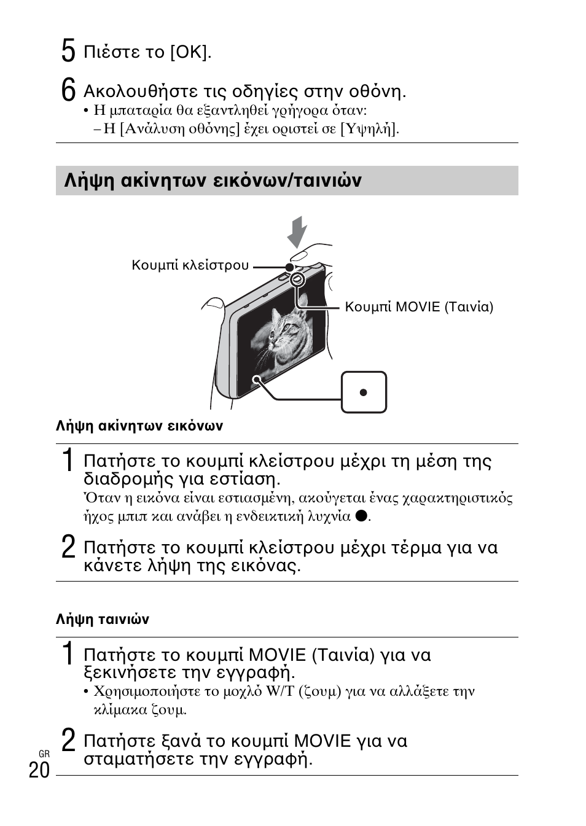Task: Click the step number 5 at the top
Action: pos(68,51)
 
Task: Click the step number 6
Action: pos(68,90)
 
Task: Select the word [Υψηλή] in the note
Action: pos(369,128)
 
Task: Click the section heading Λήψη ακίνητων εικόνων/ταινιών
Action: pos(213,181)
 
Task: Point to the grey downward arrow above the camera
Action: pos(297,232)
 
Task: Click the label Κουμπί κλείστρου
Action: pos(190,265)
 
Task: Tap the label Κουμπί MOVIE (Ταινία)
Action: pos(419,307)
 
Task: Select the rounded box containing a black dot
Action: pos(364,392)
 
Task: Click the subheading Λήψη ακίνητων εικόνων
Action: pos(139,426)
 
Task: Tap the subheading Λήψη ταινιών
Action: pos(103,619)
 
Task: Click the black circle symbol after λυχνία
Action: pos(361,516)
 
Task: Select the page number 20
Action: pos(39,770)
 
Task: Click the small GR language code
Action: pos(44,754)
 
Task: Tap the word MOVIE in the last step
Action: pos(322,741)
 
